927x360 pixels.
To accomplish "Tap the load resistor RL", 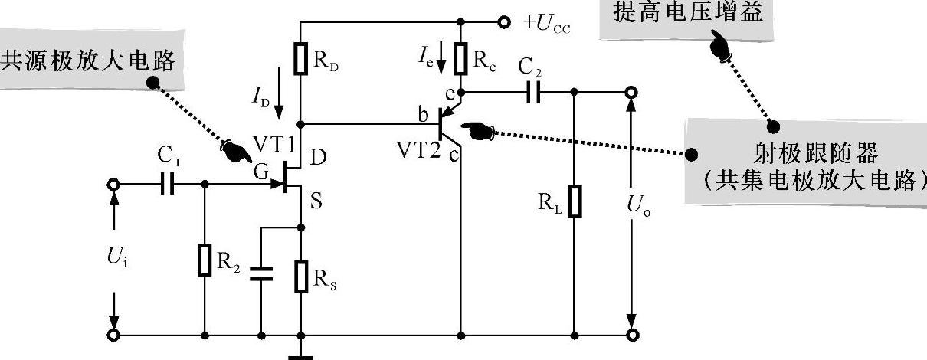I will click(x=574, y=201).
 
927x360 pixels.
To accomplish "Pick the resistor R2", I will click(x=205, y=260).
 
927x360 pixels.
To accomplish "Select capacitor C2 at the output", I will click(x=534, y=93).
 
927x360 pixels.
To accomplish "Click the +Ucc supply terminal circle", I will click(x=503, y=22).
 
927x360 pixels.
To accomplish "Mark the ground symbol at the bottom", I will click(x=300, y=355).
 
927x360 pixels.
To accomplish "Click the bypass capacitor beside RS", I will click(x=261, y=275).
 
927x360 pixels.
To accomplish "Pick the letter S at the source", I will click(x=316, y=203).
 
